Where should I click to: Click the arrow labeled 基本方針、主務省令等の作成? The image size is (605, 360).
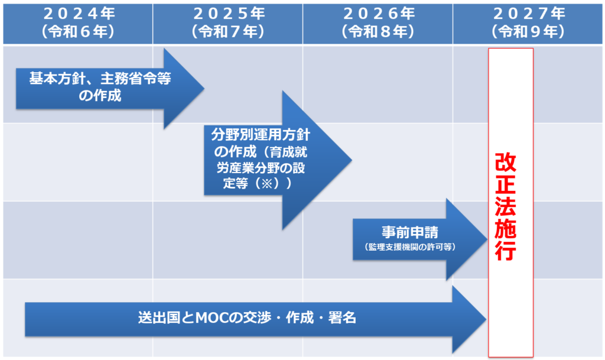coord(110,89)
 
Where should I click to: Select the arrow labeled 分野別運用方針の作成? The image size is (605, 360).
coord(278,160)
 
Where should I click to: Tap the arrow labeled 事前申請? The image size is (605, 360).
coord(420,239)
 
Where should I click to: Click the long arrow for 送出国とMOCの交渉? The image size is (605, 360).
coord(255,319)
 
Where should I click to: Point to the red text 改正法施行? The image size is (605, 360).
coord(506,207)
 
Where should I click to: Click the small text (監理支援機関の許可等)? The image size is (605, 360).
coord(410,247)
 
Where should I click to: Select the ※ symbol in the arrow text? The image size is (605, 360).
coord(266,183)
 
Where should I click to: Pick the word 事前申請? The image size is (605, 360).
coord(410,232)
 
